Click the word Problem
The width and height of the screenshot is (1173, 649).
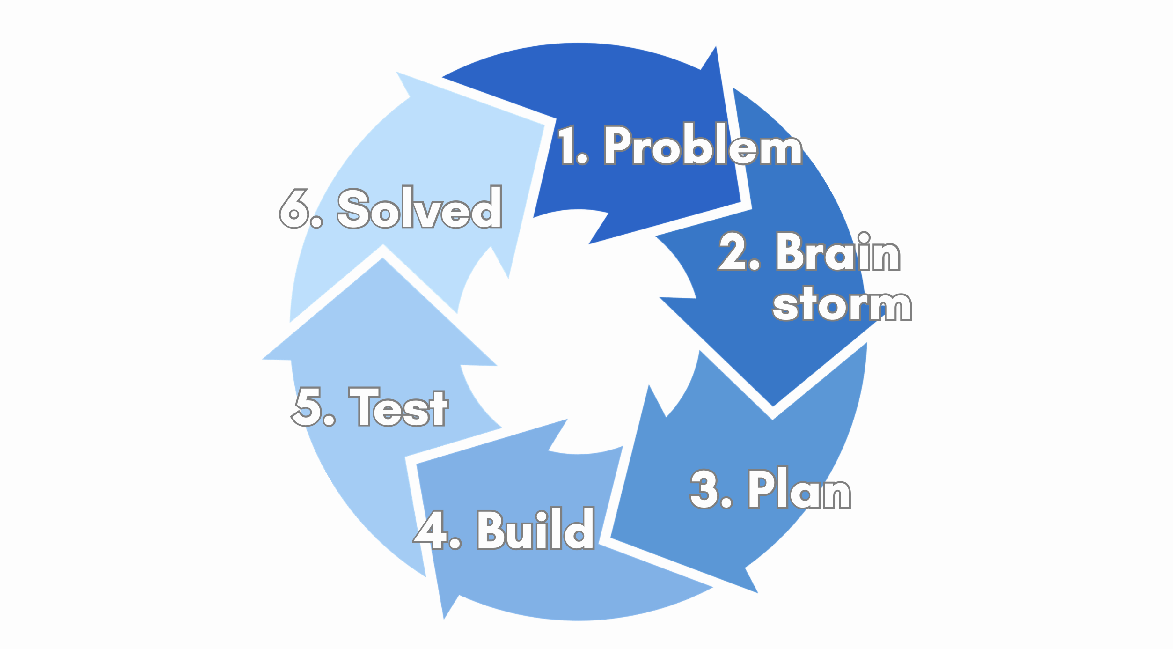(x=704, y=145)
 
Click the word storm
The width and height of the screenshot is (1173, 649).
(x=842, y=304)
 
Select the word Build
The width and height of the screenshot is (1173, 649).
(x=535, y=529)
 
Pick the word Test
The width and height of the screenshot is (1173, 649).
(x=398, y=407)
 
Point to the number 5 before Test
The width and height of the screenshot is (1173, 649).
(x=308, y=407)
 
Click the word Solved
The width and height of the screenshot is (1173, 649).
(x=419, y=207)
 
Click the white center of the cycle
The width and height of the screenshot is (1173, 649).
(x=579, y=332)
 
